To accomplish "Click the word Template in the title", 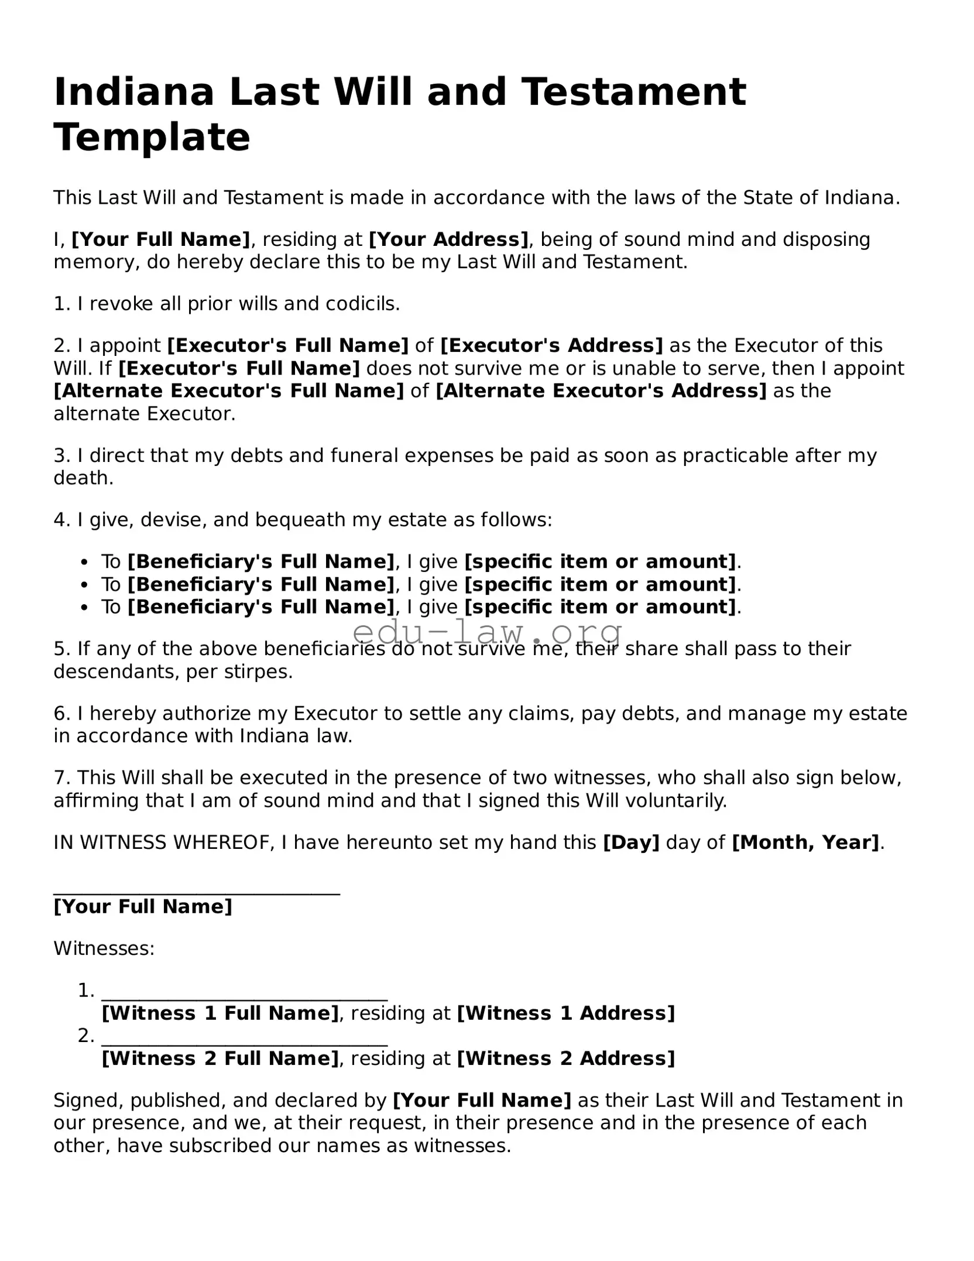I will pyautogui.click(x=152, y=138).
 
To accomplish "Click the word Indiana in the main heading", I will pyautogui.click(x=134, y=92).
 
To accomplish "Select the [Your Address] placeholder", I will pyautogui.click(x=448, y=239).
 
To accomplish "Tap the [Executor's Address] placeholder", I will pyautogui.click(x=551, y=345).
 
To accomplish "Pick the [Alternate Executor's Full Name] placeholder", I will pyautogui.click(x=228, y=390).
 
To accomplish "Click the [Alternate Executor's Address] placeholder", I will pyautogui.click(x=601, y=390).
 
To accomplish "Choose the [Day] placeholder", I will pyautogui.click(x=631, y=842).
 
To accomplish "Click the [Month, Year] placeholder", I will pyautogui.click(x=805, y=842).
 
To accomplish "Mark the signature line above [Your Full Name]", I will pyautogui.click(x=197, y=893).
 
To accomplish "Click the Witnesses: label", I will pyautogui.click(x=104, y=948).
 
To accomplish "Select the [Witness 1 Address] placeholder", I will pyautogui.click(x=565, y=1013).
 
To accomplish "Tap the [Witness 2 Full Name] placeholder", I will pyautogui.click(x=220, y=1058).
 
